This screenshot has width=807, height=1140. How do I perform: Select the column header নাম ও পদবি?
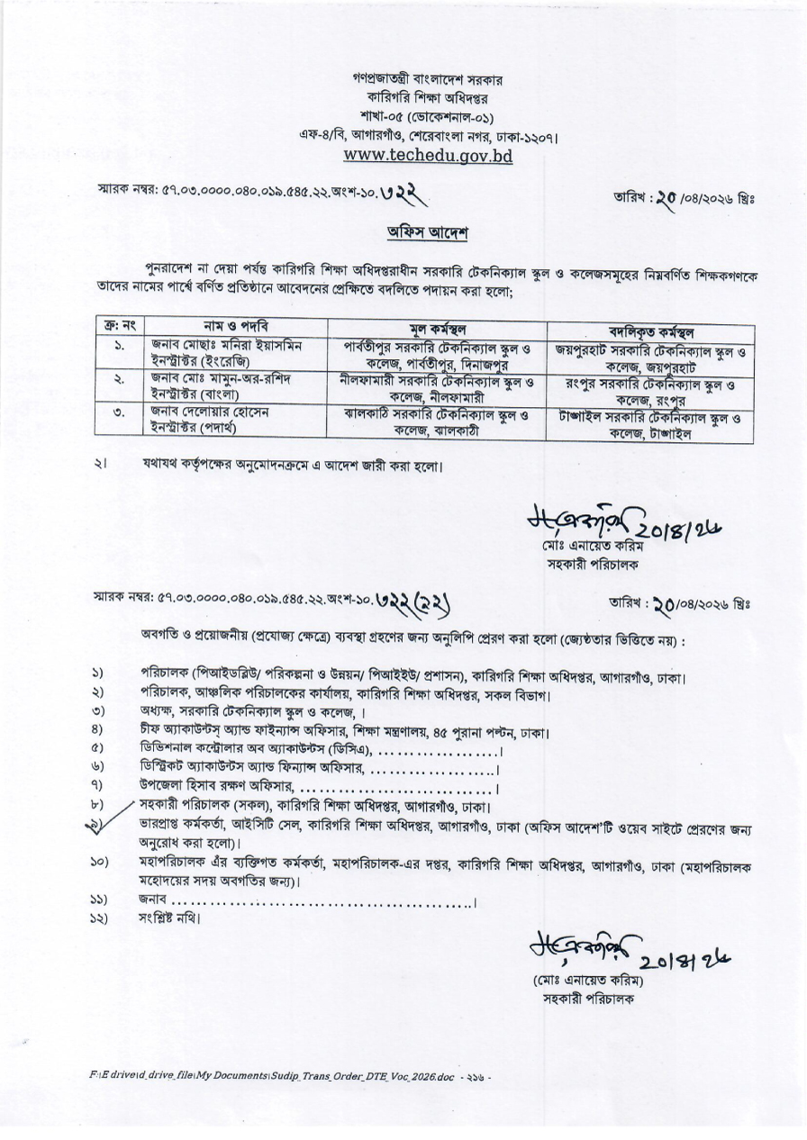(236, 326)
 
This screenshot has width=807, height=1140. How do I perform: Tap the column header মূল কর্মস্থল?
(436, 328)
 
